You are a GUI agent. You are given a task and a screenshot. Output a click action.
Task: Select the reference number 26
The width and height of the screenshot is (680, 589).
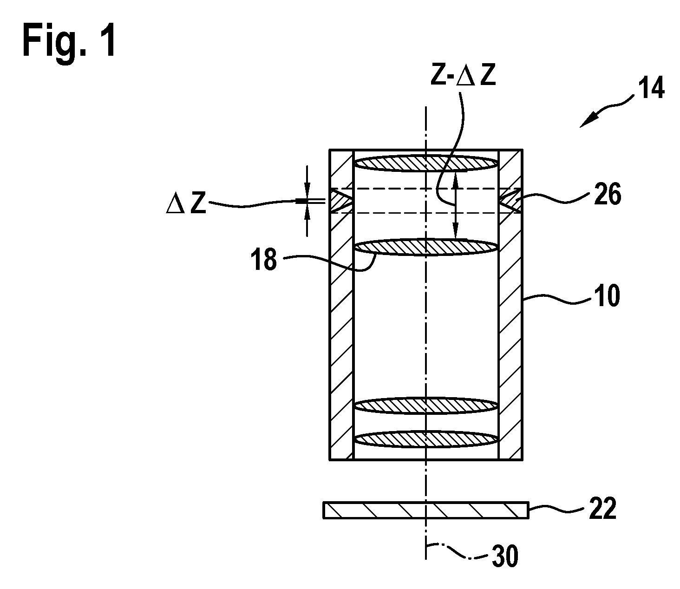point(608,194)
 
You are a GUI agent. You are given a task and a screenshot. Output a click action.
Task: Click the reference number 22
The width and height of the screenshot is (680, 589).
point(603,509)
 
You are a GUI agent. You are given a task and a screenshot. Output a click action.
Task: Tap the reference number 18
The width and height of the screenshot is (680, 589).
point(264,260)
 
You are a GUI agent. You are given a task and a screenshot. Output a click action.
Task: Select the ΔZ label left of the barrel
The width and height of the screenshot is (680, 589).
point(186,203)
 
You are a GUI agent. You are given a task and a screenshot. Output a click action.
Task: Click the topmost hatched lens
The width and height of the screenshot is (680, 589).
point(426,164)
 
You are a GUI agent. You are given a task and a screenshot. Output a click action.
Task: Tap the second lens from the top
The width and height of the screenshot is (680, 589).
point(426,248)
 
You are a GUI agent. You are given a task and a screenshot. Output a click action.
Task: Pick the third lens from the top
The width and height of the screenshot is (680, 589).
point(426,406)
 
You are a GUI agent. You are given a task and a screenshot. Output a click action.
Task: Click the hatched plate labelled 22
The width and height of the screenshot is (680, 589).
point(426,510)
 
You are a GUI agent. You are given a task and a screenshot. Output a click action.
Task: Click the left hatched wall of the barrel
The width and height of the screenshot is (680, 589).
point(341,305)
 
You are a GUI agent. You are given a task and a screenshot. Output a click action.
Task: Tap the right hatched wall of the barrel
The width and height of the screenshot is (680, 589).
point(510,305)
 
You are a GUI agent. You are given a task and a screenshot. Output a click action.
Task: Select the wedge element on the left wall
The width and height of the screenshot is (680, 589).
point(341,201)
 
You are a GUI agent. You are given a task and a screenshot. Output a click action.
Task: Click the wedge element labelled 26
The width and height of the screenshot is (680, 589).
point(510,201)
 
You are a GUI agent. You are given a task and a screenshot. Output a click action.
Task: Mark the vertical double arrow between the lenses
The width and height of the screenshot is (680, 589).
point(455,205)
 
